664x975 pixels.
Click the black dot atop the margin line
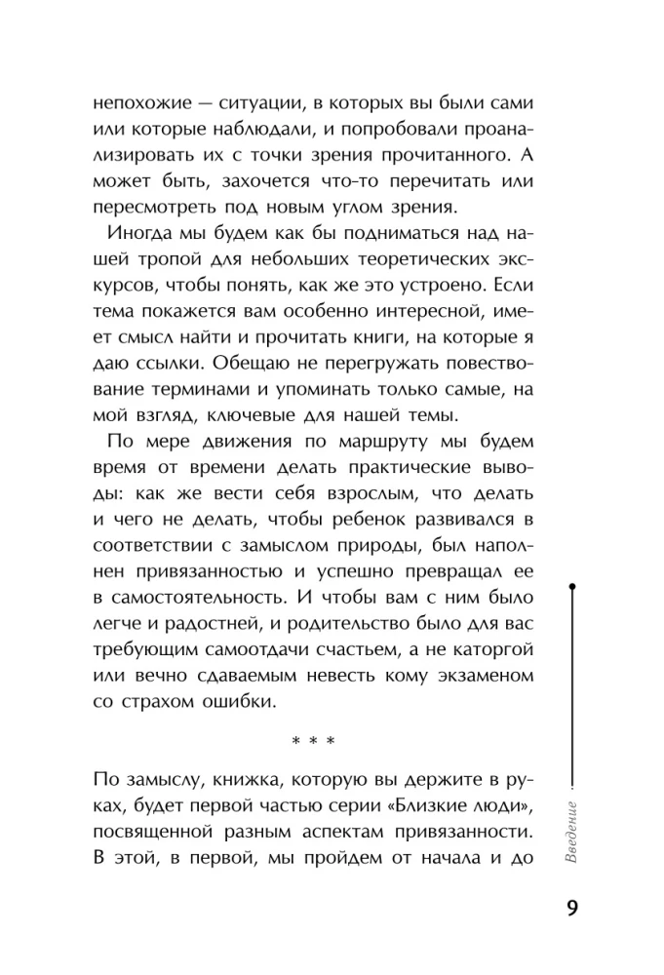[x=573, y=587]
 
